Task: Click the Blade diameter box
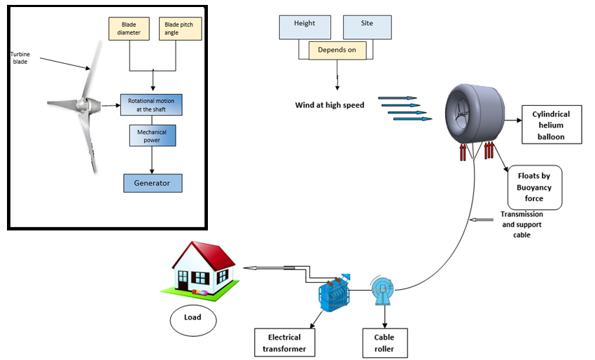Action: tap(129, 29)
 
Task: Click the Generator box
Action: tap(153, 183)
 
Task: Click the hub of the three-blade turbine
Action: tap(83, 107)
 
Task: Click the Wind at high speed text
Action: tap(330, 106)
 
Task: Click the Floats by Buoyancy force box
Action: tap(535, 188)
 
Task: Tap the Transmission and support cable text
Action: tap(521, 225)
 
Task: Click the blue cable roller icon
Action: tap(382, 288)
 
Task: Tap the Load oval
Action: tap(192, 318)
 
